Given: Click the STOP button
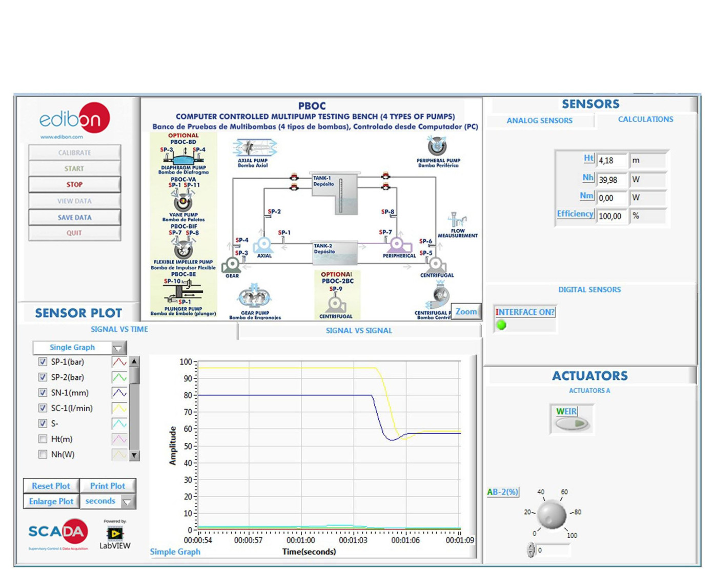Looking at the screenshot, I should click(x=74, y=184).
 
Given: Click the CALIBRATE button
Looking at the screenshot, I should click(x=74, y=153).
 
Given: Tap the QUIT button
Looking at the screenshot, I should click(x=74, y=233).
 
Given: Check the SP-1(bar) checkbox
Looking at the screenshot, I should click(x=43, y=362).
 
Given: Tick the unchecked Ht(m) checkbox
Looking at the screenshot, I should click(x=43, y=439).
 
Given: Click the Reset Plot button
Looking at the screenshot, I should click(x=51, y=486).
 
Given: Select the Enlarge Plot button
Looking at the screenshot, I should click(x=51, y=501).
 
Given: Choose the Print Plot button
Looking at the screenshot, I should click(x=107, y=486).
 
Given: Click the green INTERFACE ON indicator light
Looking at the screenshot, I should click(x=501, y=325).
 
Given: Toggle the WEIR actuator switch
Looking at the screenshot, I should click(x=572, y=423).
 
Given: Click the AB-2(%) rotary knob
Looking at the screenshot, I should click(x=552, y=514).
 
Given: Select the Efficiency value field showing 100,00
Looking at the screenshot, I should click(x=610, y=216).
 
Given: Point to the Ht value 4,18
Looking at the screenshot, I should click(x=610, y=161).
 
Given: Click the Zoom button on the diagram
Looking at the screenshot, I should click(x=466, y=311).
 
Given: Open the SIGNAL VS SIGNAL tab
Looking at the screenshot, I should click(x=359, y=331).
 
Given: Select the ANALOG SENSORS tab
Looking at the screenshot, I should click(x=539, y=121).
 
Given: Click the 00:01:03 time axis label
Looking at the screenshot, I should click(x=353, y=540).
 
